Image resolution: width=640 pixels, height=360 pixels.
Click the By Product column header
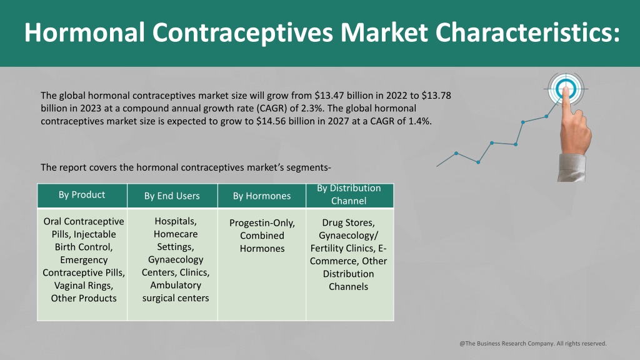click(82, 195)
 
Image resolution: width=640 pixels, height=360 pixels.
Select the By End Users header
click(172, 196)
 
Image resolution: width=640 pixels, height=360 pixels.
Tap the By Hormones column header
click(262, 196)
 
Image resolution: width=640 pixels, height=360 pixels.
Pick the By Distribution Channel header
click(349, 194)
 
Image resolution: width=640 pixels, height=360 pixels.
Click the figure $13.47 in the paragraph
click(329, 96)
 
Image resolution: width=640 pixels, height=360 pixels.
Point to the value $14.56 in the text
click(271, 121)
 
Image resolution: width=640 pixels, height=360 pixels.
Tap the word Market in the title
click(384, 32)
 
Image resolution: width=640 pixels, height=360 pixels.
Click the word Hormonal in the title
click(84, 32)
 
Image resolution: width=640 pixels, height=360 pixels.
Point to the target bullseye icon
click(566, 89)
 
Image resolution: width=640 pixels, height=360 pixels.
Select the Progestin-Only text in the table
click(262, 223)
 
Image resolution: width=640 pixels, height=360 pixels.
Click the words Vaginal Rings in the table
click(84, 285)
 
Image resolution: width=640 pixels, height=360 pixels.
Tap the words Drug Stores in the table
click(348, 222)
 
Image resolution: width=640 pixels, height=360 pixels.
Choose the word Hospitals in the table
click(176, 221)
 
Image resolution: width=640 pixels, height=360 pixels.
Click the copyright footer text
click(533, 343)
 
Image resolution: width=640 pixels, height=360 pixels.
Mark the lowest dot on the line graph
click(478, 162)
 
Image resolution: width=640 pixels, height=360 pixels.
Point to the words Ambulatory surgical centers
click(176, 291)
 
